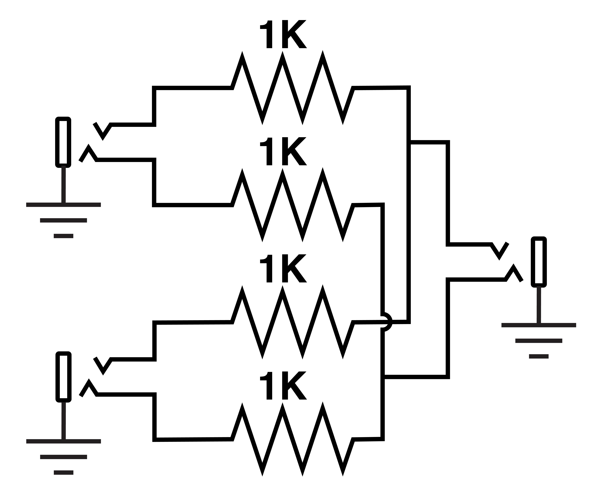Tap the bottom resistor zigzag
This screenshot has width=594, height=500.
(292, 439)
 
